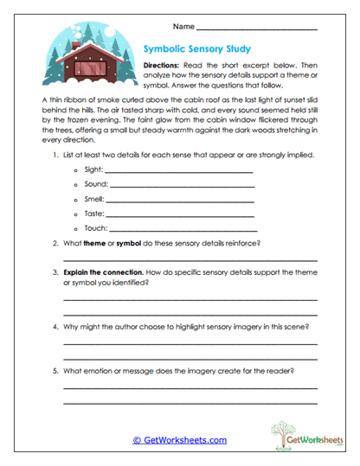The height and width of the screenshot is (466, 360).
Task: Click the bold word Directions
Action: (164, 66)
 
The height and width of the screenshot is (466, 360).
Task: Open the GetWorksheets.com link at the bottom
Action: (179, 440)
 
